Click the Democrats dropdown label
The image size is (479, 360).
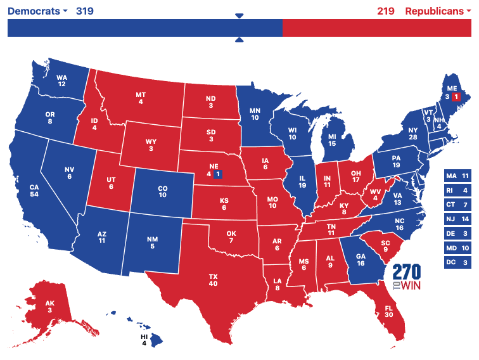click(37, 11)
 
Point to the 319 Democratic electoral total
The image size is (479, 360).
click(85, 11)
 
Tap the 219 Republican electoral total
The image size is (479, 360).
click(385, 11)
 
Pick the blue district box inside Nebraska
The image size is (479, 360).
click(218, 173)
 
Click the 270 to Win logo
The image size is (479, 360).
click(406, 276)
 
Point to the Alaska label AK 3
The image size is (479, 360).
click(49, 306)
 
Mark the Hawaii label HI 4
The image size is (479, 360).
click(144, 339)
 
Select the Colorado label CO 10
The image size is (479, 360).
click(162, 191)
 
